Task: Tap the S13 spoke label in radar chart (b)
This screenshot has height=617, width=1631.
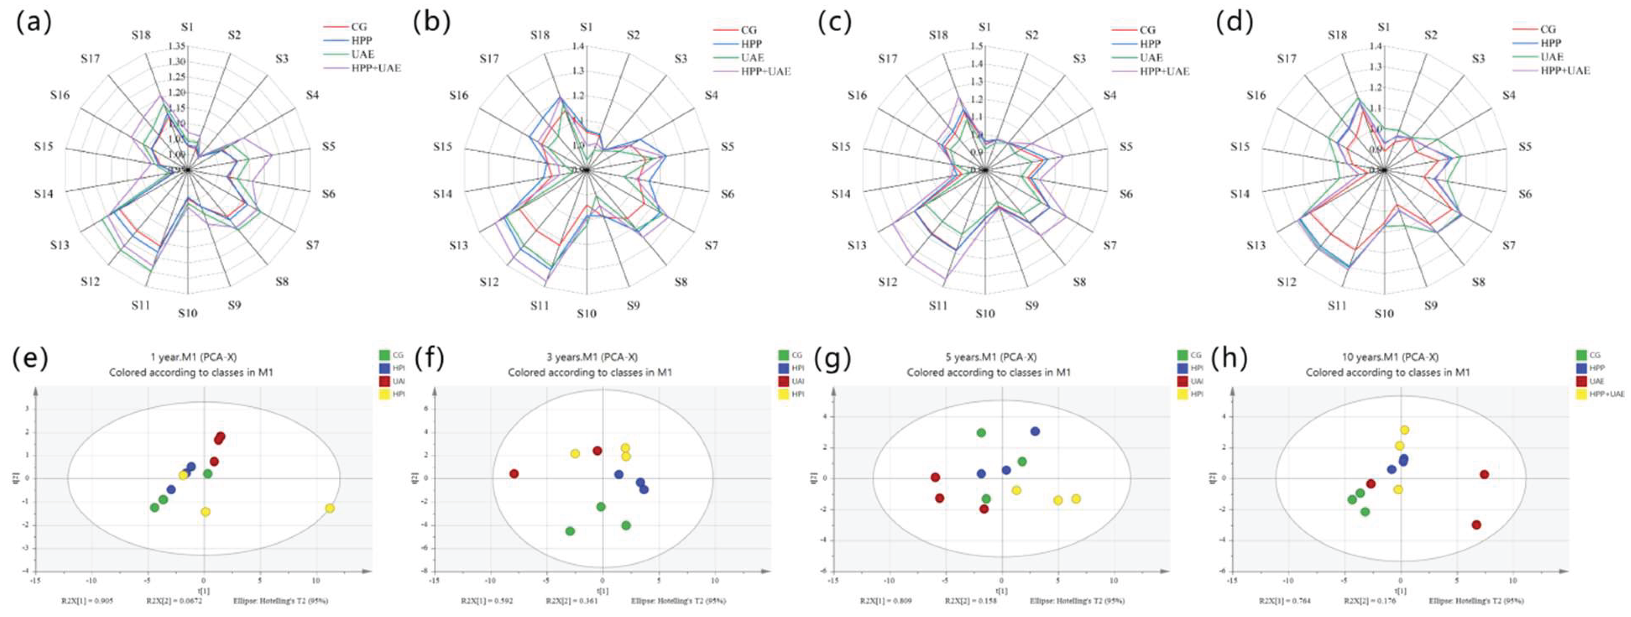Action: [x=458, y=245]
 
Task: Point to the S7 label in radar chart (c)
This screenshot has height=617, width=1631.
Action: [x=1110, y=245]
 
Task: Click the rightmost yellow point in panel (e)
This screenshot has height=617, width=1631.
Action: [x=330, y=508]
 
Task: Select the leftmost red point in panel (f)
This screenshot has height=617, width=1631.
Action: [x=514, y=473]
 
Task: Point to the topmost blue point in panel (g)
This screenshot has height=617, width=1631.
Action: [x=1035, y=431]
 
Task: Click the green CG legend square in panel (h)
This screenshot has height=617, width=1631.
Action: [x=1581, y=356]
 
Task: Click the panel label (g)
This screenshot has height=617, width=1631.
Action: [x=831, y=358]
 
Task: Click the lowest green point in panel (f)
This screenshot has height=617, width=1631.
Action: [x=570, y=531]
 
